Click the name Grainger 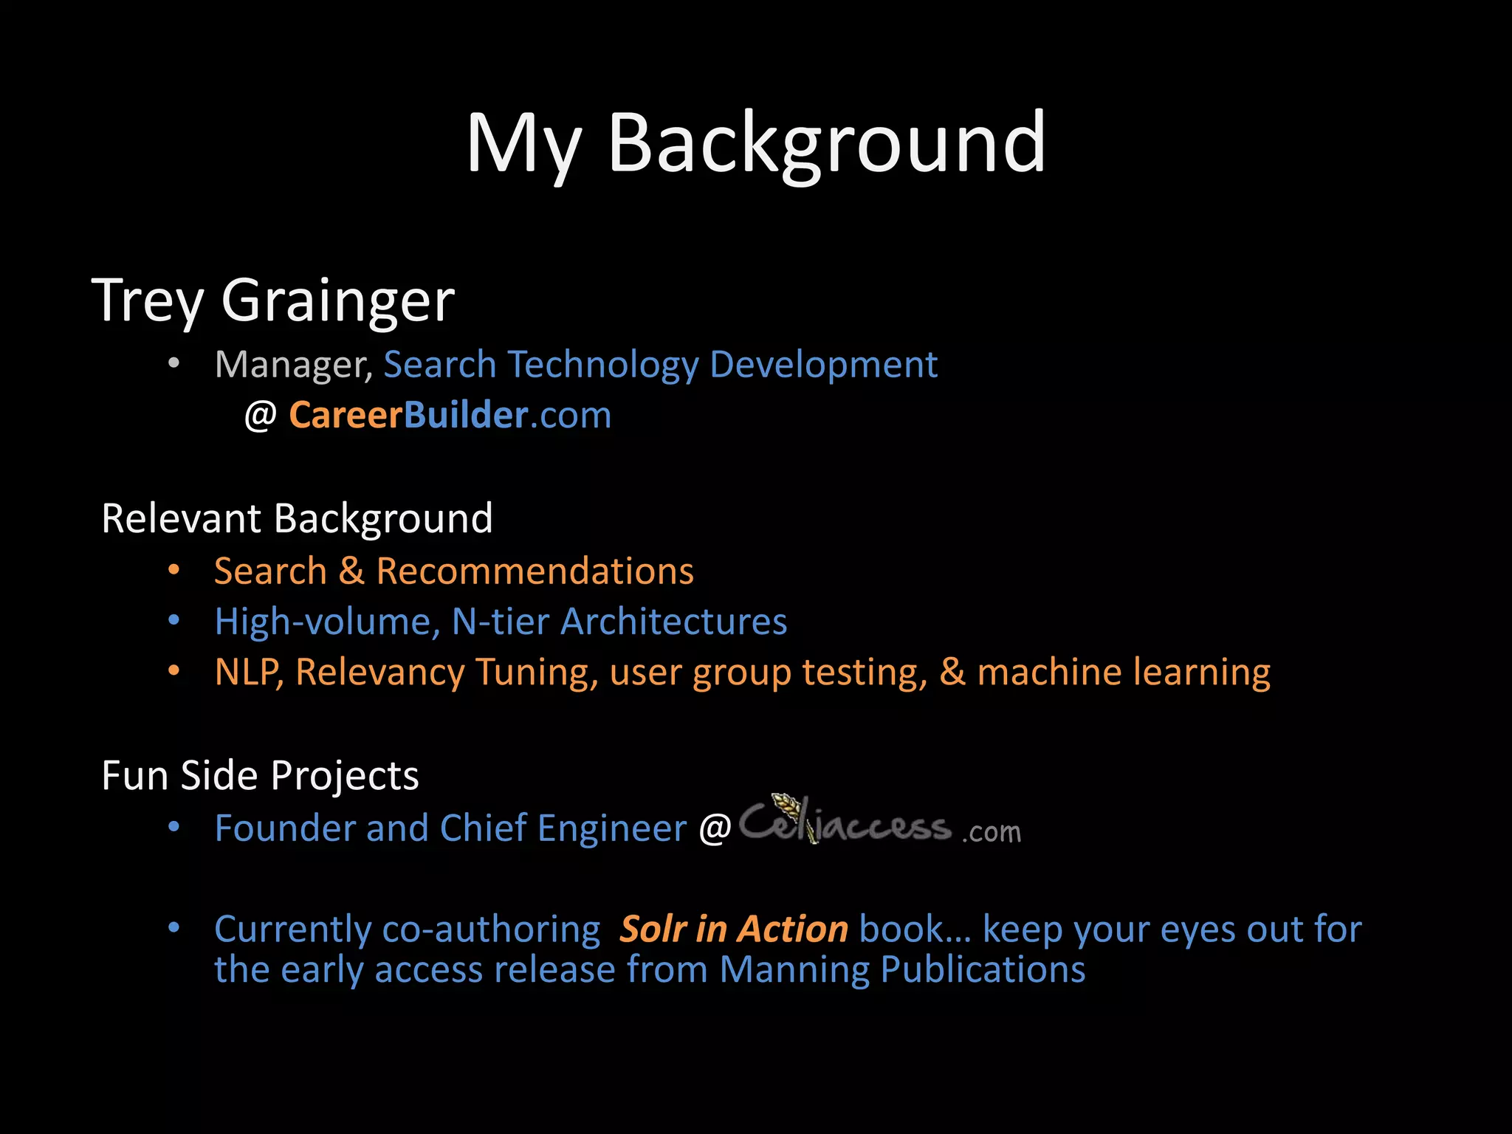click(x=337, y=301)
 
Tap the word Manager click(x=293, y=365)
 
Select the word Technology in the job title click(x=602, y=365)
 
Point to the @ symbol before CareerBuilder click(x=260, y=416)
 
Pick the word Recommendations click(x=535, y=571)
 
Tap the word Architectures click(x=673, y=622)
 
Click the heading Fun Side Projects click(x=260, y=775)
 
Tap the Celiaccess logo click(x=879, y=823)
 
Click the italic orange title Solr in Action click(x=733, y=929)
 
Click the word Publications click(x=983, y=969)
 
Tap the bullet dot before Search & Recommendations click(x=174, y=570)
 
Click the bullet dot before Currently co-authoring click(x=174, y=927)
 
